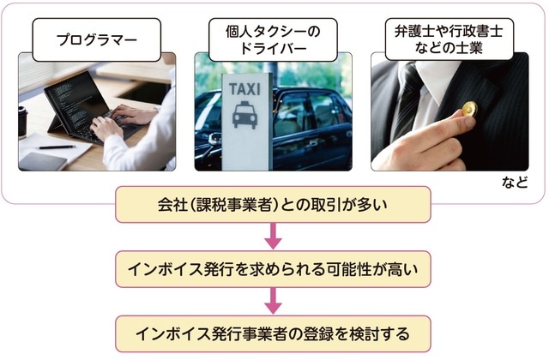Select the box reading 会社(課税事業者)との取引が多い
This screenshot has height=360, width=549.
pyautogui.click(x=273, y=205)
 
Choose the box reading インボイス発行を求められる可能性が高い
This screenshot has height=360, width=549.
pyautogui.click(x=273, y=268)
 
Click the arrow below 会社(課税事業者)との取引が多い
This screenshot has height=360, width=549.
pyautogui.click(x=273, y=236)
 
